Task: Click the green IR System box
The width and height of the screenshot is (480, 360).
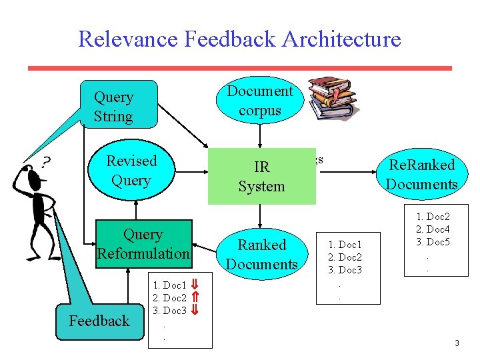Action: [262, 176]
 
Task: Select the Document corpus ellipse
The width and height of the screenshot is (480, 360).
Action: [260, 100]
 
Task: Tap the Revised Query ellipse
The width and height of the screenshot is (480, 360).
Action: [131, 170]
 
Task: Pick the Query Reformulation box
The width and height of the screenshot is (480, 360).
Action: [144, 244]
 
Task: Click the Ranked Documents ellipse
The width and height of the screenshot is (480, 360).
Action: [262, 254]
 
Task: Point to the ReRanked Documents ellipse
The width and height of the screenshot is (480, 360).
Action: [422, 174]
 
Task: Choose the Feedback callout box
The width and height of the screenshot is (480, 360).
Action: [100, 321]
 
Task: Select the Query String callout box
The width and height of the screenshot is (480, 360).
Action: [119, 104]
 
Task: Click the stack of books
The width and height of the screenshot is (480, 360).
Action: [334, 98]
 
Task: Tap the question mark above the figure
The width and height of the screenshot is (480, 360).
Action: [46, 162]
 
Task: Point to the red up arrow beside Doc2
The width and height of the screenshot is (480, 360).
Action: [195, 297]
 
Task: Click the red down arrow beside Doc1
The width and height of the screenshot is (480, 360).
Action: [195, 284]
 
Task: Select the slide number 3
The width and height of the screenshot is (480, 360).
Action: [457, 343]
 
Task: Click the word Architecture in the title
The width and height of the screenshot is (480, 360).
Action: [341, 39]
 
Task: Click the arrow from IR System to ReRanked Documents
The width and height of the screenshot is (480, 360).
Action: [348, 172]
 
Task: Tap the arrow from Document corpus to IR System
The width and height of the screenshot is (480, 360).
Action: [260, 136]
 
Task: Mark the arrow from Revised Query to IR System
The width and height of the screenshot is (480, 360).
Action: [192, 172]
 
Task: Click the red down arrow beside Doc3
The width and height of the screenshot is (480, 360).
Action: [195, 310]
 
